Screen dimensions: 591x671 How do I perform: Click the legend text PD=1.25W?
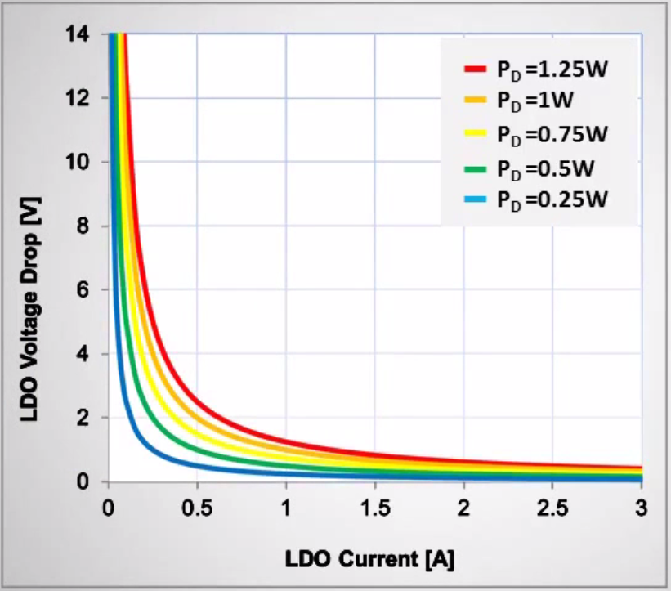pyautogui.click(x=552, y=70)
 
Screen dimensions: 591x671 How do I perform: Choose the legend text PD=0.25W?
pyautogui.click(x=552, y=200)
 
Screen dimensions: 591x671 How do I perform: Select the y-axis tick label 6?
pyautogui.click(x=90, y=290)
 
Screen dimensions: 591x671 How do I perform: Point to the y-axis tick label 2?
pyautogui.click(x=90, y=418)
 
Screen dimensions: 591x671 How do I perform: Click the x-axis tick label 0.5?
pyautogui.click(x=197, y=508)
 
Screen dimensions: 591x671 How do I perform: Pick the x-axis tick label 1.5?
pyautogui.click(x=374, y=508)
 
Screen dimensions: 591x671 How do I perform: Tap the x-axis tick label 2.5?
pyautogui.click(x=552, y=508)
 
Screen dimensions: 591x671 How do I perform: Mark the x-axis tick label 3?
pyautogui.click(x=641, y=508)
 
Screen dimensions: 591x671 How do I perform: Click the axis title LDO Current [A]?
pyautogui.click(x=369, y=560)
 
